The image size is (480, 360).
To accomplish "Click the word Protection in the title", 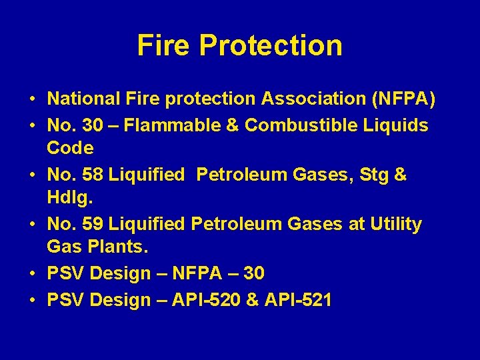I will [x=271, y=45].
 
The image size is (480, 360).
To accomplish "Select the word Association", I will [x=303, y=99].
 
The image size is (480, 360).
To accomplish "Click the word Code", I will [x=70, y=147].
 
